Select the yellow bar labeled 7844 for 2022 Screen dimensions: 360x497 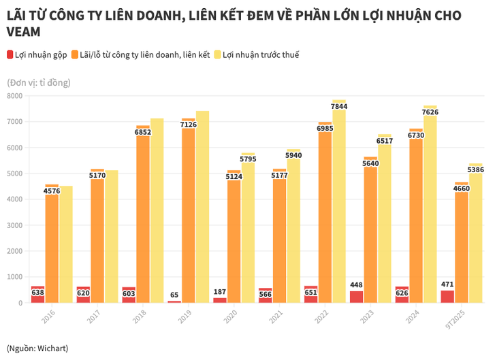[x=339, y=204]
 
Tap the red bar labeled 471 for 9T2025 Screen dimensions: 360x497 [x=447, y=297]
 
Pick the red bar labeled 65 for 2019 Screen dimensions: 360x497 [x=174, y=301]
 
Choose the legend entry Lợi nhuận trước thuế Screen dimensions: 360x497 [x=256, y=54]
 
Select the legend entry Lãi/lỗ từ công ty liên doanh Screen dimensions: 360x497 [x=144, y=54]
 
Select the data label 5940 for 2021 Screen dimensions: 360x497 [x=293, y=155]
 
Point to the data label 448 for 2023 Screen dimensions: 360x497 [x=356, y=284]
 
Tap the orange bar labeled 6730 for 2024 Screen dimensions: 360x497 [x=416, y=218]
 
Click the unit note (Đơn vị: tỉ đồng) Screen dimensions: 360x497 [x=38, y=82]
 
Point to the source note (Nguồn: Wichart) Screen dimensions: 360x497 [x=37, y=348]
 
